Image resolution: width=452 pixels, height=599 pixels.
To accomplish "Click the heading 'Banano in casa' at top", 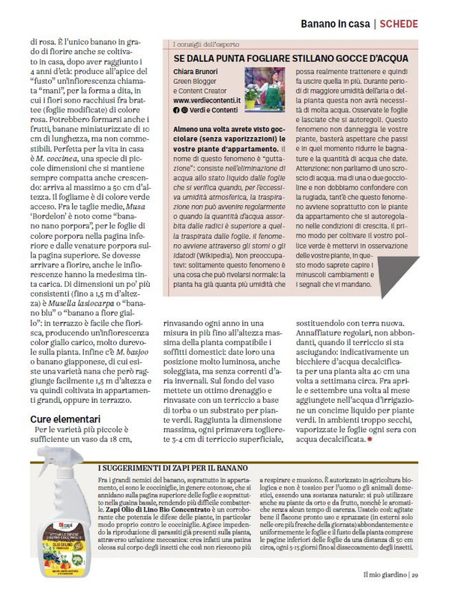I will [335, 24].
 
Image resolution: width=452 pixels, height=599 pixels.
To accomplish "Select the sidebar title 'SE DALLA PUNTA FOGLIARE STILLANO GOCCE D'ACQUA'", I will [291, 58].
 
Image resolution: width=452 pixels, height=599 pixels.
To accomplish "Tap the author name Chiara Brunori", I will [196, 73].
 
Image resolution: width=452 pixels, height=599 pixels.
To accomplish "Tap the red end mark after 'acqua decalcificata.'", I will [369, 440].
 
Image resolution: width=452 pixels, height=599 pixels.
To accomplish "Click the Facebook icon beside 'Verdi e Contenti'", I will [175, 109].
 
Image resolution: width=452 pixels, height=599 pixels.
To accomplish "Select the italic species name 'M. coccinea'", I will [60, 159].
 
